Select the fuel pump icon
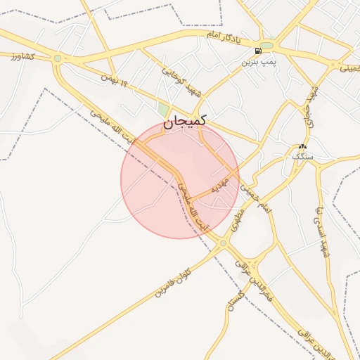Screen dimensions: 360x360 261,51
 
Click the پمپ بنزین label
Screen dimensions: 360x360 256,63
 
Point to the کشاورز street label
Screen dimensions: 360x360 24,54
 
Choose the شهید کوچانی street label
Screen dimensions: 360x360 183,82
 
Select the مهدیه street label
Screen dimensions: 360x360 221,186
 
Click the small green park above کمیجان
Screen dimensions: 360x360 163,110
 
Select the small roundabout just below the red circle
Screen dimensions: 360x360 223,243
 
